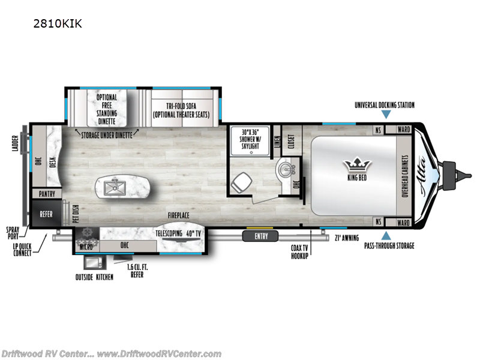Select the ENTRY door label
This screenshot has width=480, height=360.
click(261, 236)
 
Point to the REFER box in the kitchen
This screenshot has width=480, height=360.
click(47, 214)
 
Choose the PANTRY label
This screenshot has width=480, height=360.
click(47, 194)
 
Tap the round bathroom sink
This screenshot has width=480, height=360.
click(284, 171)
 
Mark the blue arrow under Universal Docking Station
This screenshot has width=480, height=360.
click(386, 114)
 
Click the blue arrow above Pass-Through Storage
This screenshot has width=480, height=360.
click(386, 236)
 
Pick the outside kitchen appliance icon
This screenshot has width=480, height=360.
click(92, 262)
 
